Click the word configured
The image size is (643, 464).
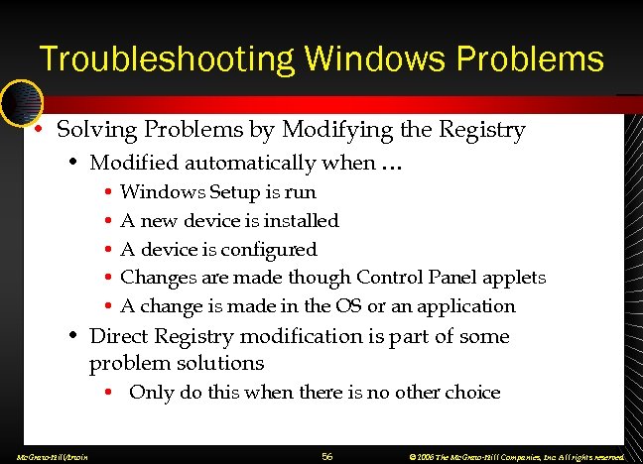click(x=269, y=249)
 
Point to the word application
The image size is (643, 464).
click(x=469, y=306)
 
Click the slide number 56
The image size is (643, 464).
click(x=327, y=455)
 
